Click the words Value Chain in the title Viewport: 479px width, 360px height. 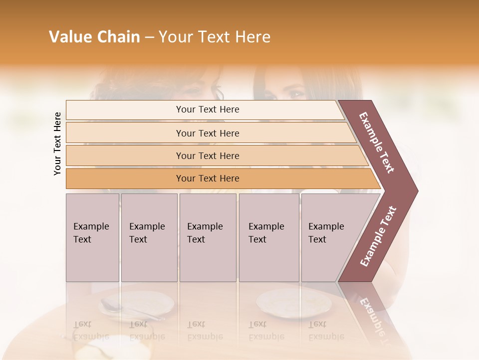pyautogui.click(x=94, y=37)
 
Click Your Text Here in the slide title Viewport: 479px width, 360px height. pyautogui.click(x=215, y=37)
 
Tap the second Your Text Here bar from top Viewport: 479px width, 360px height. pyautogui.click(x=207, y=133)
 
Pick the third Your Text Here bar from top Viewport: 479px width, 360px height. pyautogui.click(x=207, y=155)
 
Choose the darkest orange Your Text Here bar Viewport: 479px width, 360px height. pyautogui.click(x=207, y=178)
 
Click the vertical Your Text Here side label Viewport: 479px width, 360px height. pyautogui.click(x=57, y=143)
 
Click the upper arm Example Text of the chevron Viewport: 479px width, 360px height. pyautogui.click(x=377, y=142)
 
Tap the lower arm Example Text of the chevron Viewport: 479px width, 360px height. pyautogui.click(x=378, y=236)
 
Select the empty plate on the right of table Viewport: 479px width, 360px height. pyautogui.click(x=284, y=302)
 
